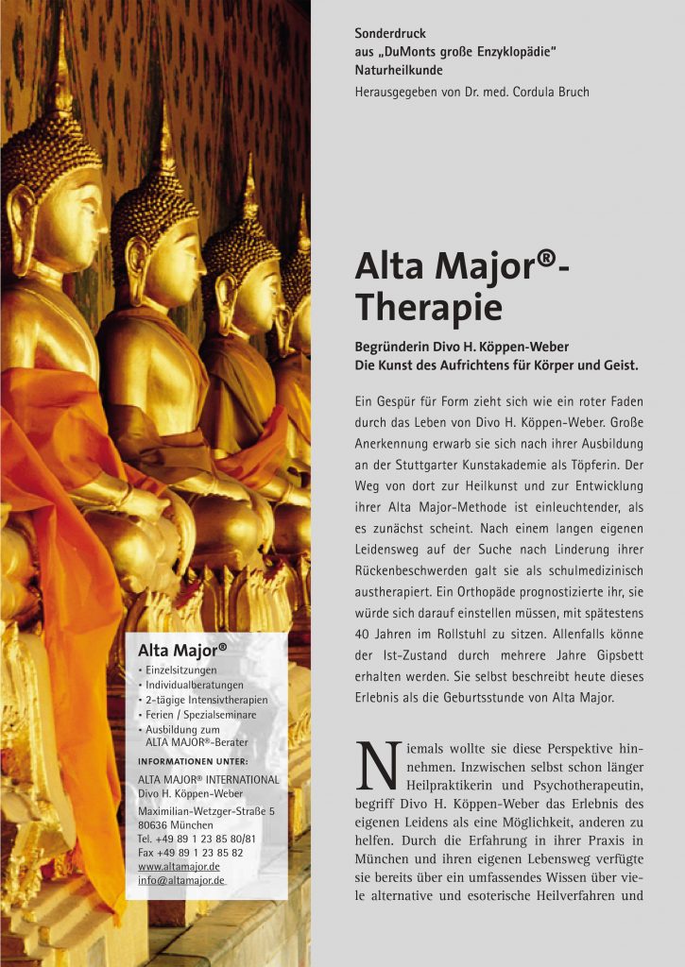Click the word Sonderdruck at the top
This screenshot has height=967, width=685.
tap(390, 34)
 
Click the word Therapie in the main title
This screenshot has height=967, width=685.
tap(428, 307)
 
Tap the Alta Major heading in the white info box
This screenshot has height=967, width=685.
tap(182, 650)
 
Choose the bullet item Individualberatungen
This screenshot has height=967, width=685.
tap(195, 685)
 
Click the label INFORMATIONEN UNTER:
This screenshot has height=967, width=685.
tap(193, 761)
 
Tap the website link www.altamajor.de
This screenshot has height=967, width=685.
tap(179, 866)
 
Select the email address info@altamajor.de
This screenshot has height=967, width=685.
tap(180, 881)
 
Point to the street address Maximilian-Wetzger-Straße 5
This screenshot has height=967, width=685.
tap(206, 811)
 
